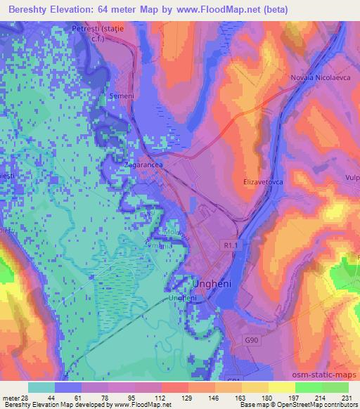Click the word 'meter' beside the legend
(x=12, y=398)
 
